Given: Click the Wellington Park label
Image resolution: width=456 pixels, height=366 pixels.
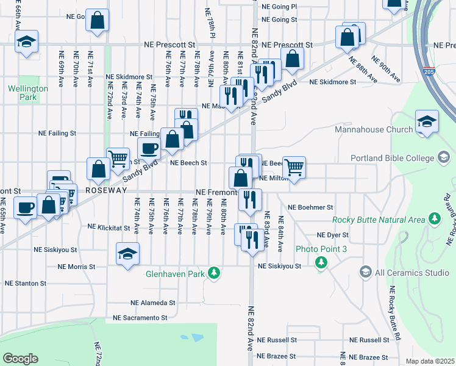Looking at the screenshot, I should coord(27,93).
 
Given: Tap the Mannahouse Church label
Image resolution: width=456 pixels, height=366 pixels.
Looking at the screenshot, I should coord(374,129).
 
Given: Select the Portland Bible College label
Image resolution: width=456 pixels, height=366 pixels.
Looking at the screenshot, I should coord(391,158).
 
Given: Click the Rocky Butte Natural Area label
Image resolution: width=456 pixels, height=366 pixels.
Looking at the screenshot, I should coord(379,220).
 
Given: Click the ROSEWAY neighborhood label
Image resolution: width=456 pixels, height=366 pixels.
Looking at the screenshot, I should coord(105,190).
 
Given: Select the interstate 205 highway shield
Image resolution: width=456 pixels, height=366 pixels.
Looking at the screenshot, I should coord(429,71).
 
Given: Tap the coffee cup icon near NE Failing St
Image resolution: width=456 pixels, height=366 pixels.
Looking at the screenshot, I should coord(149,148).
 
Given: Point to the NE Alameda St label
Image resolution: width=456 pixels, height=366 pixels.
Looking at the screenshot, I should coord(152,303).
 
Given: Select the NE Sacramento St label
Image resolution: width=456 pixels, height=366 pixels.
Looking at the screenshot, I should coord(140,318).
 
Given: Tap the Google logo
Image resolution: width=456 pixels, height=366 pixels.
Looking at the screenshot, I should coord(20,359).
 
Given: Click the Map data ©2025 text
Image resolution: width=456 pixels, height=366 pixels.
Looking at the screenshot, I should coord(430,361).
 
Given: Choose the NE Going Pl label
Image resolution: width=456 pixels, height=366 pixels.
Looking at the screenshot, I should coord(279,6).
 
